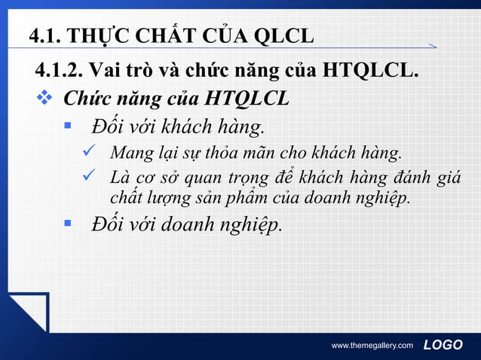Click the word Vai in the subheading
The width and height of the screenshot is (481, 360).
pos(105,72)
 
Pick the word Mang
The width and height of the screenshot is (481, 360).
pos(129,154)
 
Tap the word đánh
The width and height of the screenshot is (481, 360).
pos(409,178)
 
